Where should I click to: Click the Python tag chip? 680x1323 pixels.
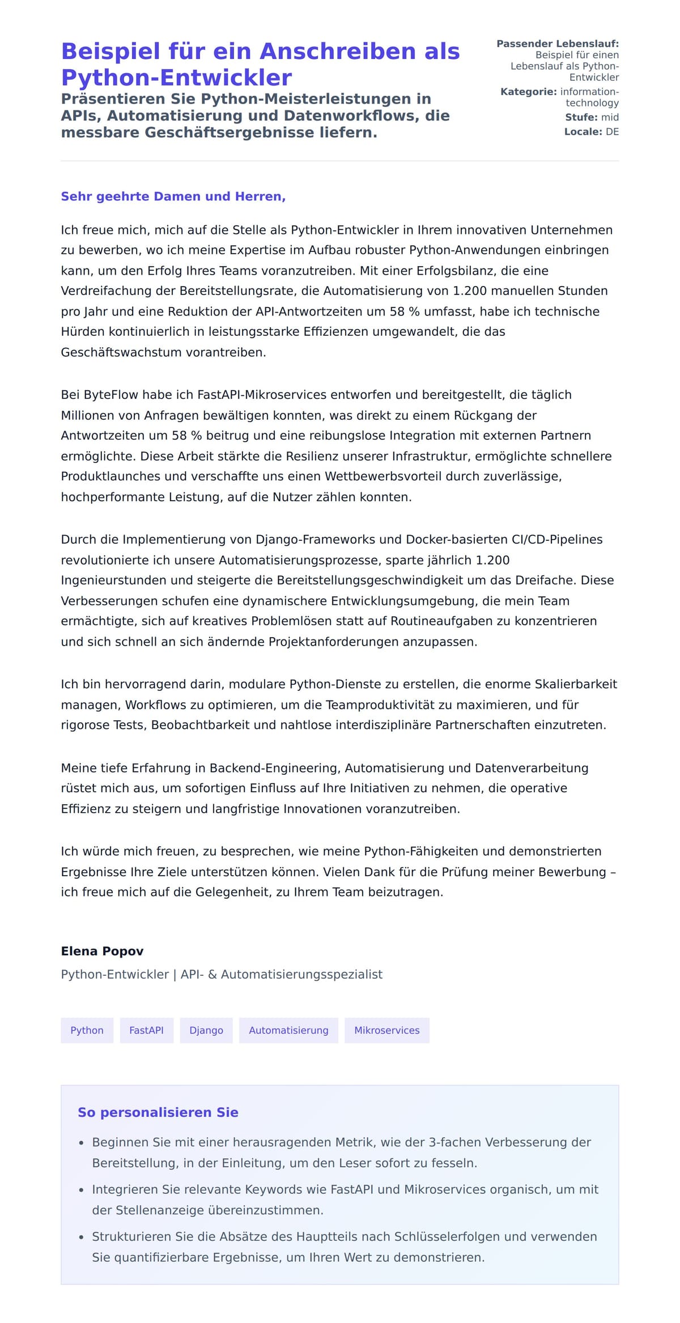point(87,1030)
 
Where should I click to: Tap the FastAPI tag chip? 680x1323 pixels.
point(146,1030)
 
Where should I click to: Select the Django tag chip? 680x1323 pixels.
point(206,1030)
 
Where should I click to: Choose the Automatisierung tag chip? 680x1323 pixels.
point(288,1030)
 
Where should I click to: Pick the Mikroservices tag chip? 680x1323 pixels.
point(386,1030)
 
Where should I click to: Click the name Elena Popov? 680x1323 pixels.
point(102,951)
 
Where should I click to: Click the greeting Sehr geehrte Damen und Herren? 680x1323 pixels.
point(173,196)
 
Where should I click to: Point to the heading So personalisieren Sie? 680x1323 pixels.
point(158,1112)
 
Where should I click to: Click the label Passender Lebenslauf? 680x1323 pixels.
point(557,44)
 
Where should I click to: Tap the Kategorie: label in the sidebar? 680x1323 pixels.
point(528,92)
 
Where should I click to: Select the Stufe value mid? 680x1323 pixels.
point(610,117)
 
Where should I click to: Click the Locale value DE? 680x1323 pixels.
point(612,131)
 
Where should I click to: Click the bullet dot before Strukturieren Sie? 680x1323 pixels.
point(82,1238)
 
